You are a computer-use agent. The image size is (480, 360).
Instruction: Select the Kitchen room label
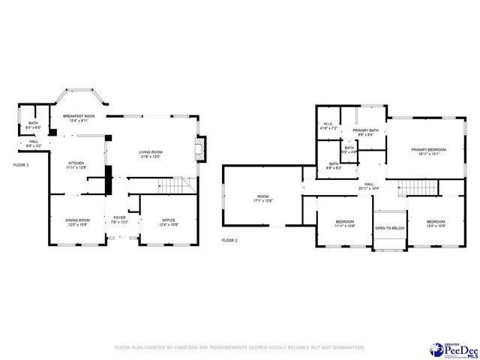76,165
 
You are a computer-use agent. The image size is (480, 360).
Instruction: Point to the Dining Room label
77,222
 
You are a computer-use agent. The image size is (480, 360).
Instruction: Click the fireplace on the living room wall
199,147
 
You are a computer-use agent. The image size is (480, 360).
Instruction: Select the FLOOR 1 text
20,164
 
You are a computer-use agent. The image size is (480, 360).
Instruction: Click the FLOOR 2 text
229,241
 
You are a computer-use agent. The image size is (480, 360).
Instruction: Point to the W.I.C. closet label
328,126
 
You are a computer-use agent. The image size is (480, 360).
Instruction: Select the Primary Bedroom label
428,151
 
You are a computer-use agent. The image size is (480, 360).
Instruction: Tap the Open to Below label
390,228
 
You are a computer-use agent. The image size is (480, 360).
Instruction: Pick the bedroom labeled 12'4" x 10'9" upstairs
436,223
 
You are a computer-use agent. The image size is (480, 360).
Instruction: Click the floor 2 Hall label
369,186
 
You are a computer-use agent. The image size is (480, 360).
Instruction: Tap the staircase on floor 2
412,187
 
